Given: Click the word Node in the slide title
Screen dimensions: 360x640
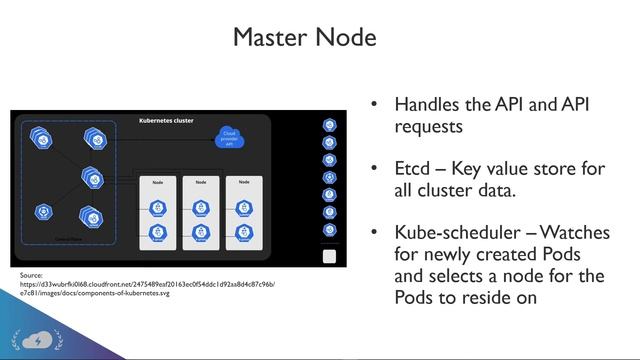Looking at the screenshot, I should [345, 38].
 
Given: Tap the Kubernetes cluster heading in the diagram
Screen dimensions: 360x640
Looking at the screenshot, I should [165, 121].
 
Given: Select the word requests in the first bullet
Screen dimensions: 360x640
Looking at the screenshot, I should [428, 127].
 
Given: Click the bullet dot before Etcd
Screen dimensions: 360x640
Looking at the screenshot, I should [374, 169].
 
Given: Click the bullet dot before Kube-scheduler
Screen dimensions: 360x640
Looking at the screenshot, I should [374, 233].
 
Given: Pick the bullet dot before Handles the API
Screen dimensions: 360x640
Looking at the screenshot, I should [374, 105].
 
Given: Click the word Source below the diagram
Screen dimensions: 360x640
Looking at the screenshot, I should [32, 274].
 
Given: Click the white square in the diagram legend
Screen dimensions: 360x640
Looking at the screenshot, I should [329, 256].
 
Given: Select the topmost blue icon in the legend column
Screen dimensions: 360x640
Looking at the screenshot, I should [329, 125].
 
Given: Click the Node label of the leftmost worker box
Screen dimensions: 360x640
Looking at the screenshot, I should [157, 183].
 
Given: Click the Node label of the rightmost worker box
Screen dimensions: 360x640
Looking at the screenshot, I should [241, 183].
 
